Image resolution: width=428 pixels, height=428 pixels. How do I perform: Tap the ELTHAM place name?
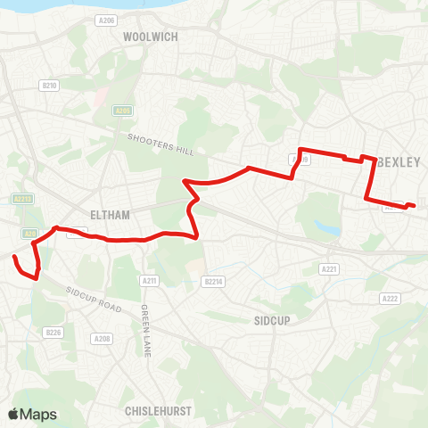(x=111, y=215)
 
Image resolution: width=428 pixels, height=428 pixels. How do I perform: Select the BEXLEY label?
(x=398, y=163)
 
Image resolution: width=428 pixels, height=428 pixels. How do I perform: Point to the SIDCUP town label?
(x=272, y=318)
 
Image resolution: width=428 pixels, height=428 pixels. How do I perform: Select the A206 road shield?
(x=107, y=18)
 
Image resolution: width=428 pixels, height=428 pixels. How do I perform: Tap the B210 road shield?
(x=49, y=86)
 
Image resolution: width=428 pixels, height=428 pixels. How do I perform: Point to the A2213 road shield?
(x=23, y=200)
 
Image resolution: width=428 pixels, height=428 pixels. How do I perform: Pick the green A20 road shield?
(x=30, y=234)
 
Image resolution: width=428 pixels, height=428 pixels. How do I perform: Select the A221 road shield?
(x=329, y=268)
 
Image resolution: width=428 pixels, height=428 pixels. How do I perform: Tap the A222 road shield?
(x=390, y=299)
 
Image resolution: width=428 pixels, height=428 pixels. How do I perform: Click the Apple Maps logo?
(x=32, y=414)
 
